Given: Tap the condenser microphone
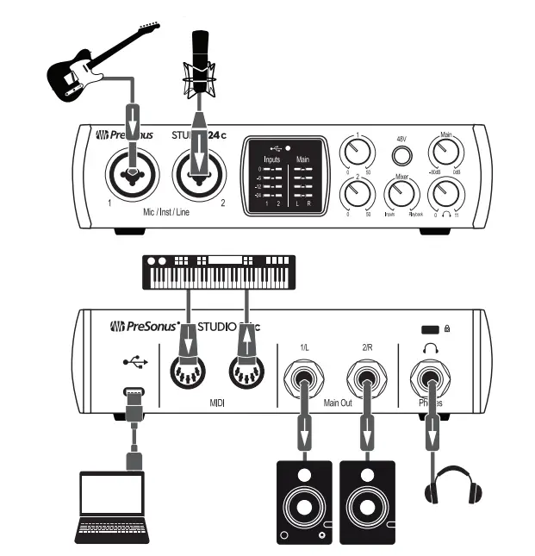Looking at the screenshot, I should click(200, 65).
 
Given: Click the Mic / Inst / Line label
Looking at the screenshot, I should click(166, 209).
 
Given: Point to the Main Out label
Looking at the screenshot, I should click(334, 403).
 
